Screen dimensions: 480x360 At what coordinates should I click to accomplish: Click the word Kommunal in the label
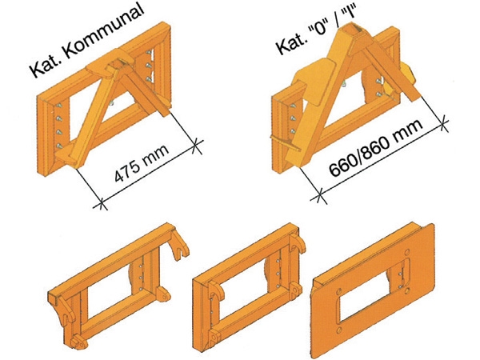pyautogui.click(x=104, y=33)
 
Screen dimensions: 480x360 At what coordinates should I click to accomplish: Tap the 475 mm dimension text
pyautogui.click(x=142, y=163)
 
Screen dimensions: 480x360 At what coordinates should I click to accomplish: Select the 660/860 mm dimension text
pyautogui.click(x=377, y=148)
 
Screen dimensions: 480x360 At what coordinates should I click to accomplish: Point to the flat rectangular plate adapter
pyautogui.click(x=373, y=290)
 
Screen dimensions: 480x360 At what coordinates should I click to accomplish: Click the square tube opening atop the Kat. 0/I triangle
pyautogui.click(x=352, y=30)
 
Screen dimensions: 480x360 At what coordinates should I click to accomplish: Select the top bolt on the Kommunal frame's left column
pyautogui.click(x=59, y=106)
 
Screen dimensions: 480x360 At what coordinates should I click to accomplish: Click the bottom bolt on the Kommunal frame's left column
pyautogui.click(x=60, y=146)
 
